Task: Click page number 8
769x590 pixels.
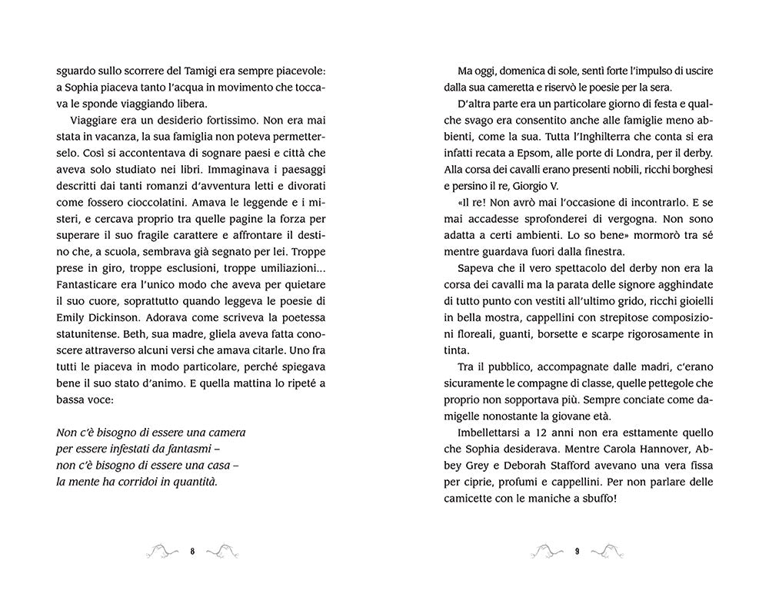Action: pos(192,551)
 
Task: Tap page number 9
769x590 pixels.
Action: pos(576,551)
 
